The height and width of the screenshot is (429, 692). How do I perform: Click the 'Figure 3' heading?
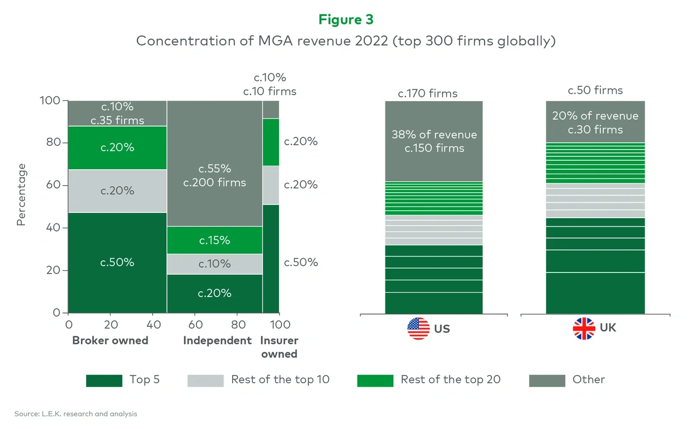point(346,20)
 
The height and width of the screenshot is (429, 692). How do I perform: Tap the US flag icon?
point(418,328)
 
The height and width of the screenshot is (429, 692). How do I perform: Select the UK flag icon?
point(584,328)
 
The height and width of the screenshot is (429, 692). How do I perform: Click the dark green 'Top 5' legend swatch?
point(104,380)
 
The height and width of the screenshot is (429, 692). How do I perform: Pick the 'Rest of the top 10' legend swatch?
point(205,380)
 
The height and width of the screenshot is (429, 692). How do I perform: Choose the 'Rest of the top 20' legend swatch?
point(375,380)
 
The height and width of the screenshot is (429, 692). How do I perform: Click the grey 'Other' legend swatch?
point(547,380)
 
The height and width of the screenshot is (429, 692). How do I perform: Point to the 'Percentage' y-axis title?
point(21,195)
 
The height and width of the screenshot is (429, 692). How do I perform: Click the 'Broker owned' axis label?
point(110,341)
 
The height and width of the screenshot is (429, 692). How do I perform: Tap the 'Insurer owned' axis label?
point(279,347)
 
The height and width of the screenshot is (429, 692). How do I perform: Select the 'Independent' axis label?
point(217,341)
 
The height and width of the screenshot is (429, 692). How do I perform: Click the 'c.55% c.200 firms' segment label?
point(215,176)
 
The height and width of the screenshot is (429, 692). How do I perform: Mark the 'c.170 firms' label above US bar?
point(427,94)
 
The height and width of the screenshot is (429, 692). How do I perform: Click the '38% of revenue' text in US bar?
point(434,135)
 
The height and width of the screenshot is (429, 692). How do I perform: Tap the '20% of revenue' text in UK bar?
point(595,116)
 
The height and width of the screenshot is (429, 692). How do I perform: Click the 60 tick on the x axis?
point(195,325)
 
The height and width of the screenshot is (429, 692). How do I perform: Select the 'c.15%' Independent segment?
point(215,241)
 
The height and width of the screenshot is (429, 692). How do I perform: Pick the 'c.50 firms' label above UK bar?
point(595,90)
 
